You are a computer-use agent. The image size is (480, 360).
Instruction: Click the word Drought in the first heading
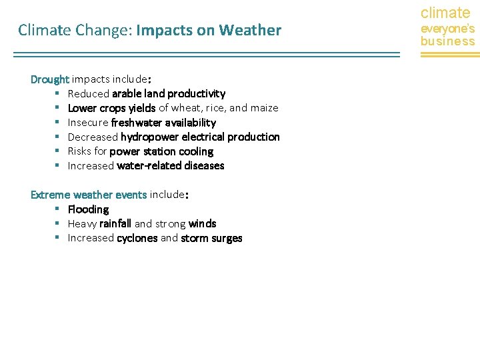(x=50, y=79)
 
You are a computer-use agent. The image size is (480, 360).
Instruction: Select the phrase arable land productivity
(x=169, y=93)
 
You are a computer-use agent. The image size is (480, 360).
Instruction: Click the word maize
(x=263, y=108)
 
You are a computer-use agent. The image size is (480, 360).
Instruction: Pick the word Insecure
(x=88, y=123)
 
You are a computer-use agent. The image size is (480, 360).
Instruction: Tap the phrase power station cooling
(x=161, y=151)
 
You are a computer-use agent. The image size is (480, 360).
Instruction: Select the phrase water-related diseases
(x=170, y=166)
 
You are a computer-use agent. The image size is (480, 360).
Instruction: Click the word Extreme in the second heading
(x=51, y=195)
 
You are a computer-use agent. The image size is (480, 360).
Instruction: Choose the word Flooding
(x=88, y=209)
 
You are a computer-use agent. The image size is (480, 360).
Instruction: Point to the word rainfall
(x=115, y=224)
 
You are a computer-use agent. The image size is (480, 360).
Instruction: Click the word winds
(x=202, y=224)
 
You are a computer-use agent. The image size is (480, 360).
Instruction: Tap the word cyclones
(x=137, y=239)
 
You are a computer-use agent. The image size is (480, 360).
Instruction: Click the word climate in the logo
(x=445, y=13)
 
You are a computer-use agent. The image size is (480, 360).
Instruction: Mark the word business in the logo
(x=447, y=41)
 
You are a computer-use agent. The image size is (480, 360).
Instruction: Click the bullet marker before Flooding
(x=58, y=209)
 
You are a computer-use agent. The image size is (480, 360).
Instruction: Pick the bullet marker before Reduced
(x=58, y=93)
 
